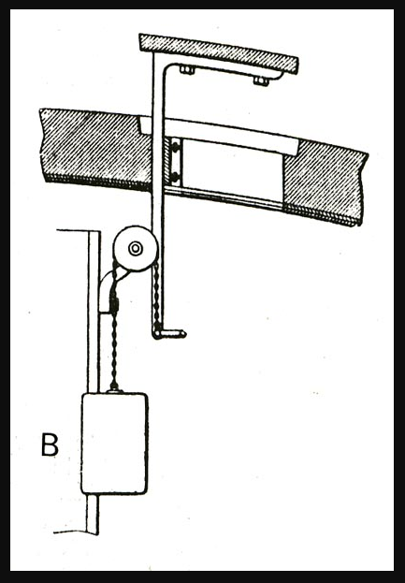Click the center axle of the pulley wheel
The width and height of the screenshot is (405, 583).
[136, 248]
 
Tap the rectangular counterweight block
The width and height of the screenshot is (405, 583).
[115, 444]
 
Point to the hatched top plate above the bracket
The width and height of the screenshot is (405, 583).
[219, 53]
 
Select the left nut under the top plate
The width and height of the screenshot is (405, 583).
[187, 69]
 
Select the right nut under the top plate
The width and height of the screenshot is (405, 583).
[261, 80]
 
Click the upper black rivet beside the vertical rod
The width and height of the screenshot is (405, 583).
[176, 148]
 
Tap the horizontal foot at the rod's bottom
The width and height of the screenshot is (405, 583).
[169, 334]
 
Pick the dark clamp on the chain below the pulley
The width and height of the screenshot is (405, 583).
[114, 304]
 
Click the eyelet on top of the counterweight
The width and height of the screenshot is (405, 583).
[114, 390]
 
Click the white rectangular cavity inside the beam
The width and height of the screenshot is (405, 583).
[233, 170]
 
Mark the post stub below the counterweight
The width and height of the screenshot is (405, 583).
[93, 514]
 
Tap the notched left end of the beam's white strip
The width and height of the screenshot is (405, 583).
[146, 125]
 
